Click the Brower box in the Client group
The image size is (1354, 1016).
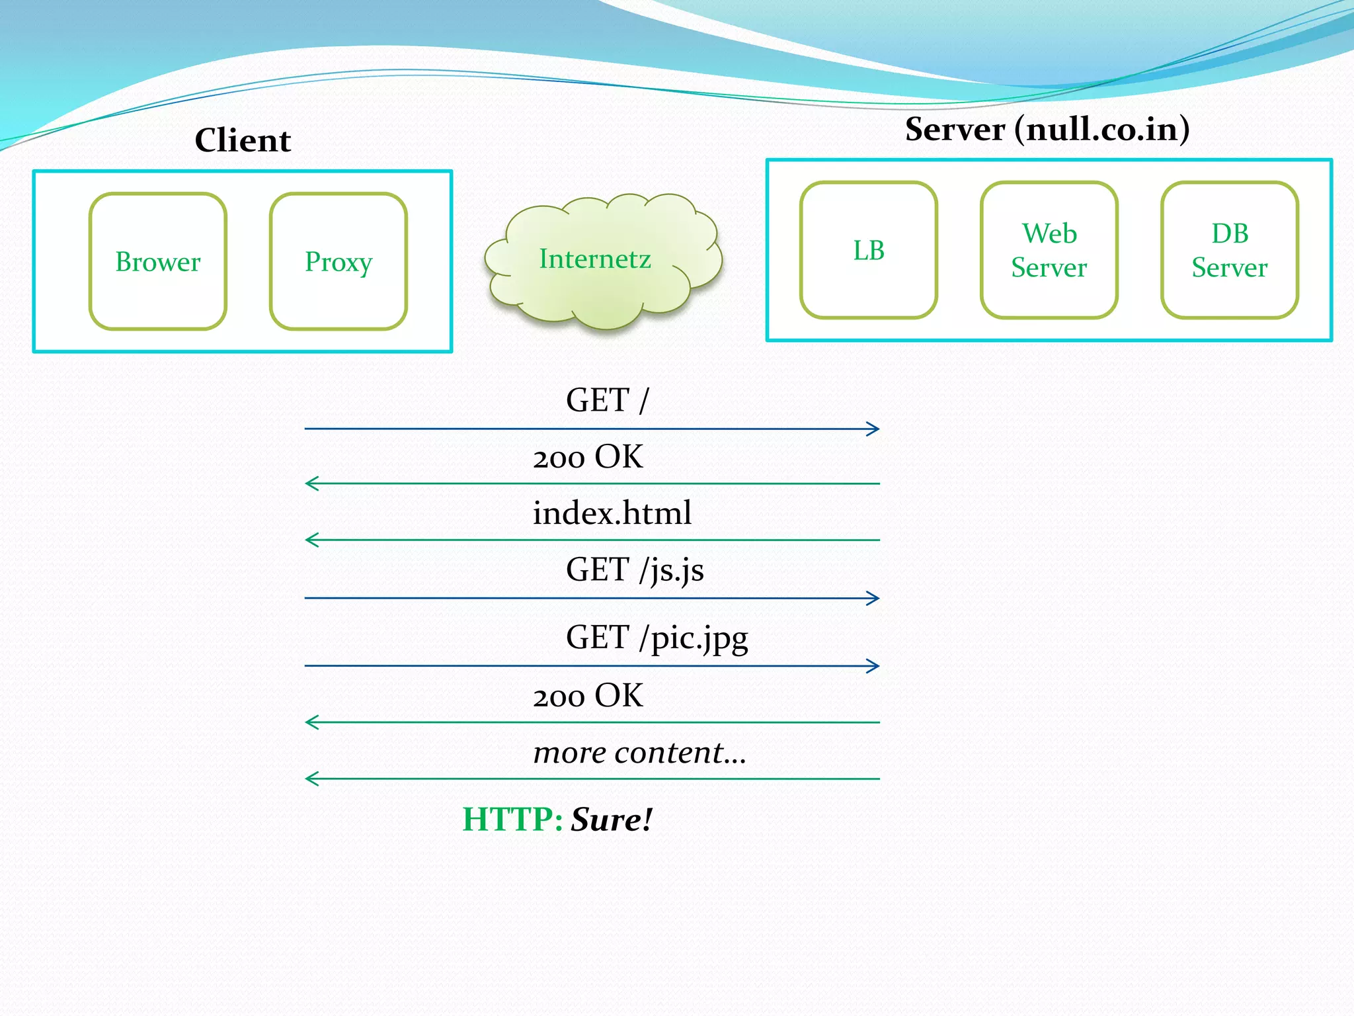(158, 261)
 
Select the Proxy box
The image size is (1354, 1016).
(338, 261)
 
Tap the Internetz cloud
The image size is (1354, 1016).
(595, 259)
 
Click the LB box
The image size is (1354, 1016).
(869, 250)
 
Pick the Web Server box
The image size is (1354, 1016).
(1049, 250)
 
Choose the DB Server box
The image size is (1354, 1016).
(1230, 250)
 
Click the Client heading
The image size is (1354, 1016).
(243, 140)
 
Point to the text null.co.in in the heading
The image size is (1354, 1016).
(1101, 129)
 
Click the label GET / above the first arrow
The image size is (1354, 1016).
(608, 400)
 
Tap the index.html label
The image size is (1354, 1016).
(612, 513)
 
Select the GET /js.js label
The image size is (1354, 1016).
(635, 570)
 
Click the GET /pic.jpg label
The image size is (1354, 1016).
(657, 638)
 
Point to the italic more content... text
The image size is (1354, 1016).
(639, 753)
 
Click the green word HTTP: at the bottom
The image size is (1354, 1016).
(512, 820)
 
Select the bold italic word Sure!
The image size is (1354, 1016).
(612, 820)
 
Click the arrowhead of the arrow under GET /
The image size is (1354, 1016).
(874, 429)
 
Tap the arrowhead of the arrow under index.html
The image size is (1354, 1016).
(311, 540)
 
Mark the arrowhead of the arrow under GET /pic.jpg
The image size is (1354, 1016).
(874, 665)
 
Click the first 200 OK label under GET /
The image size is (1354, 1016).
(588, 457)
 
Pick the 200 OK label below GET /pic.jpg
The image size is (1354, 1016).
(588, 696)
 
